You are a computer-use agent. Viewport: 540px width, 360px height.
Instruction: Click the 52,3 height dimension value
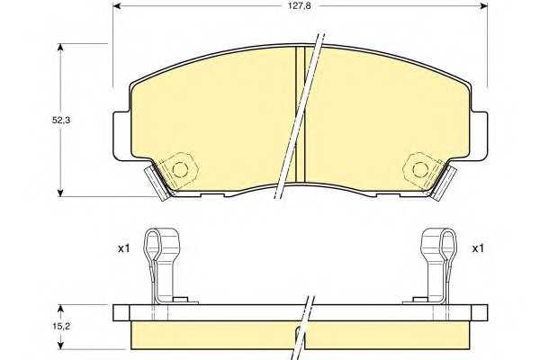[x=61, y=121]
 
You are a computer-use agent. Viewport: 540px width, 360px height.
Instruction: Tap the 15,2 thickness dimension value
[x=61, y=326]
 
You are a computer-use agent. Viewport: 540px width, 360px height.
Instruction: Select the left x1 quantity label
[x=123, y=248]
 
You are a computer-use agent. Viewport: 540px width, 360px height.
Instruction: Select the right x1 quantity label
[x=478, y=248]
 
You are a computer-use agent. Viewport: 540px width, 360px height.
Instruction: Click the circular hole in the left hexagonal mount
[x=180, y=169]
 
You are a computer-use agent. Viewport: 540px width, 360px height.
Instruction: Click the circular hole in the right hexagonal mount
[x=420, y=169]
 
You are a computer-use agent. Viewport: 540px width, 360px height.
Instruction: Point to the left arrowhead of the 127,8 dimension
[x=119, y=6]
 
